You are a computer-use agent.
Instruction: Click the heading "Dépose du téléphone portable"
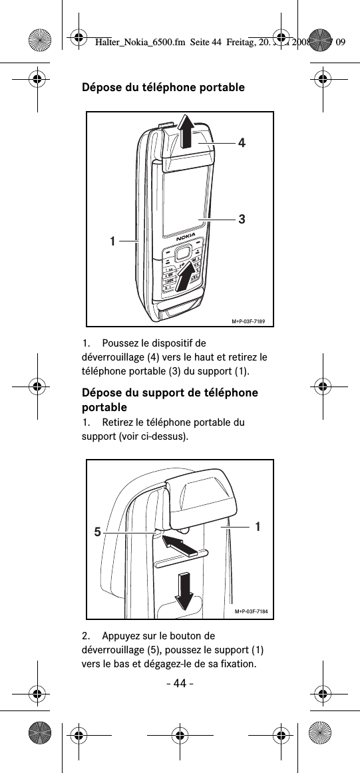click(162, 88)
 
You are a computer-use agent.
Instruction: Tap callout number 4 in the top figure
click(242, 142)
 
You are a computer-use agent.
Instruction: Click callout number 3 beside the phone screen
click(242, 218)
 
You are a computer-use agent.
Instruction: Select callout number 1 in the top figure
click(114, 240)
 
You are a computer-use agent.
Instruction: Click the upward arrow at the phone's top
click(188, 130)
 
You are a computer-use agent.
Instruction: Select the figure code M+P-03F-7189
click(248, 322)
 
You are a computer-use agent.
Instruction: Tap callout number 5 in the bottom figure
click(97, 532)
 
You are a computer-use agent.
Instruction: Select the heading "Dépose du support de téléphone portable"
click(170, 399)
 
